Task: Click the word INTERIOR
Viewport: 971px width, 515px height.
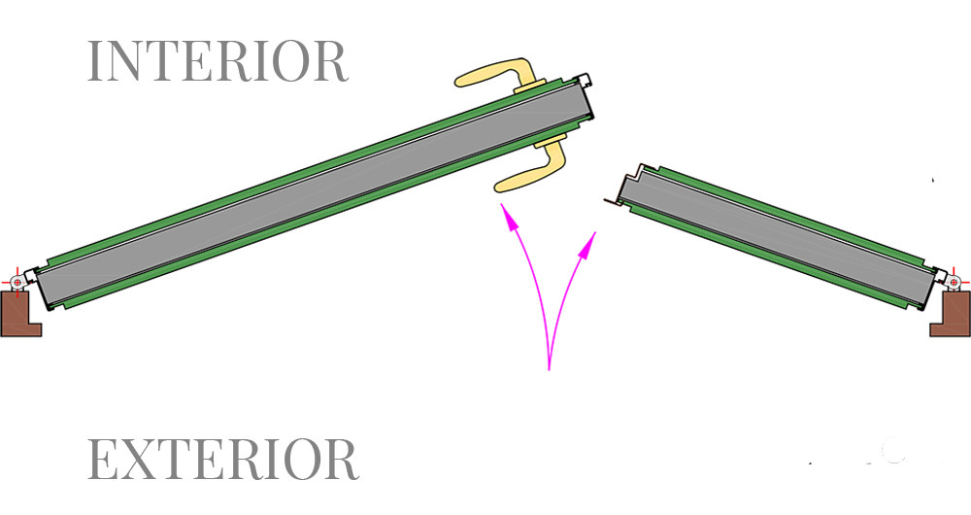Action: [218, 61]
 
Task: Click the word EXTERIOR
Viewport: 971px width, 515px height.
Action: [223, 459]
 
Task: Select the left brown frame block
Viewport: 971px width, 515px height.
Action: [20, 314]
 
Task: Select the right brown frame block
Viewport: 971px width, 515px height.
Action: [951, 314]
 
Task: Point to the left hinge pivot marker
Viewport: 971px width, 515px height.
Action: [17, 283]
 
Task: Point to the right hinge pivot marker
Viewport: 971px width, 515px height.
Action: [954, 283]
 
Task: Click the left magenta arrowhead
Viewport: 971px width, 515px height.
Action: [509, 219]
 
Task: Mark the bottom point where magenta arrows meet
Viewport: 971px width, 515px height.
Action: [549, 370]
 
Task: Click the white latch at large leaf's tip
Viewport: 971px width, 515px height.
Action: [584, 80]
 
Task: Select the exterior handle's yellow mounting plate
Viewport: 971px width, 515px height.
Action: [550, 140]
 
